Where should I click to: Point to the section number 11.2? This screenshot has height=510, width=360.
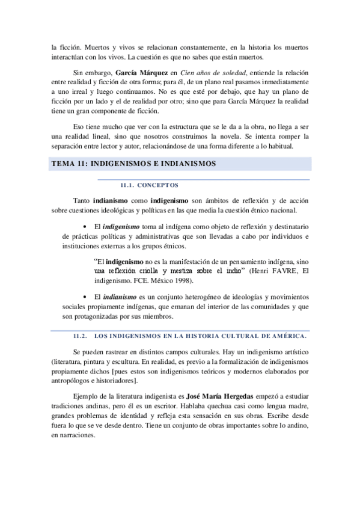pos(81,336)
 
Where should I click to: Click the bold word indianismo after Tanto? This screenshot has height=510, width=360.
pos(111,199)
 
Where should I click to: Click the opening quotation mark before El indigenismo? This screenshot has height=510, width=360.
pos(96,262)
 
